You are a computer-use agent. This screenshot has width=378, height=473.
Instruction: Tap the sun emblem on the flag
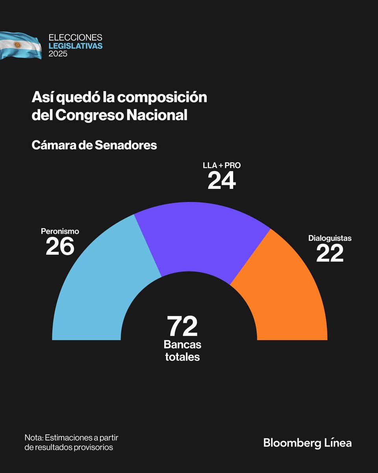17,44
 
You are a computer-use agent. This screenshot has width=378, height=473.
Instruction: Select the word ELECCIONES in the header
75,38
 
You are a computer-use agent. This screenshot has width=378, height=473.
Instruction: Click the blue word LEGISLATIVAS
75,46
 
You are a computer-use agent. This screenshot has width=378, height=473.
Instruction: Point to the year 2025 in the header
58,54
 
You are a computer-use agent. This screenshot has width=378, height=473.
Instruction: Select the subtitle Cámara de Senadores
94,145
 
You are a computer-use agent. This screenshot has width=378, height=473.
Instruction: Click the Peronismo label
60,231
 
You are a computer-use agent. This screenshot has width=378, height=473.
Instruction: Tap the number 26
60,247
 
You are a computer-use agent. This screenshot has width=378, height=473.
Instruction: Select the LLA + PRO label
222,165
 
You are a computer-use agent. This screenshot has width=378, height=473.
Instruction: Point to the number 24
222,181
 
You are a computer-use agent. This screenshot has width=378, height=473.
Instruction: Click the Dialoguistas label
330,238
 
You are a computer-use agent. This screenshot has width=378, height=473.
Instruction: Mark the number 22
330,254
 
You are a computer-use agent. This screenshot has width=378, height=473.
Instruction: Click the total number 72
182,326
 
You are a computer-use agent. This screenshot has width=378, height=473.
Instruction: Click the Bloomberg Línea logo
307,443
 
